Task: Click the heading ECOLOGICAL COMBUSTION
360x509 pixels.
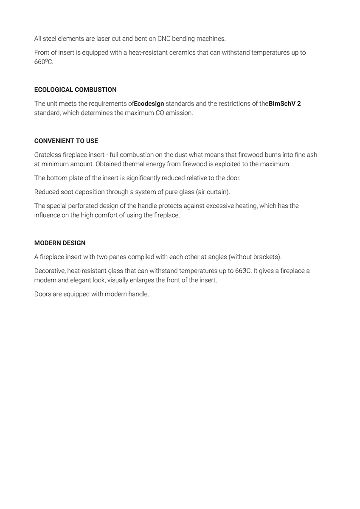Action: pos(75,89)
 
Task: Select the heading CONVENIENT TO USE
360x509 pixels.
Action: pos(66,141)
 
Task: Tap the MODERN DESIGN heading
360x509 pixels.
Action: pos(60,243)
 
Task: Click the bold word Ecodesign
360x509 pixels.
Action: pos(149,103)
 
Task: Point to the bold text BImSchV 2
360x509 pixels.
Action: pos(284,103)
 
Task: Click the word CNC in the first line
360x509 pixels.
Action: pos(164,39)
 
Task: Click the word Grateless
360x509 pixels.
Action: pos(48,155)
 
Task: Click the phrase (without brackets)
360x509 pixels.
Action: pos(255,257)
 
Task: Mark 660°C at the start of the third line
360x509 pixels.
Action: pos(43,62)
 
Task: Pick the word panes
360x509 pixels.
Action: pos(115,257)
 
